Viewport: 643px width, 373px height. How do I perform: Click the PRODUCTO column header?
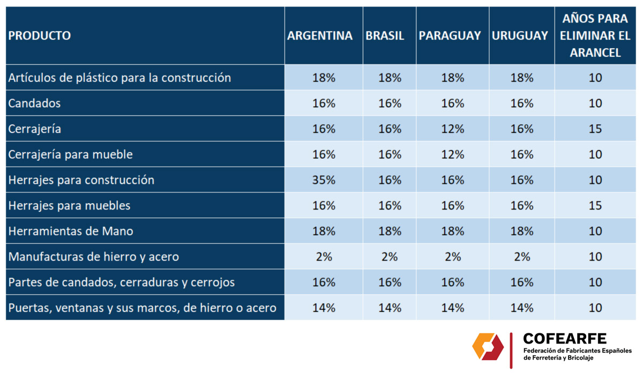[40, 36]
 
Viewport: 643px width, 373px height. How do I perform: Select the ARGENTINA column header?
[320, 36]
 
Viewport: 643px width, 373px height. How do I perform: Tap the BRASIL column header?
[385, 36]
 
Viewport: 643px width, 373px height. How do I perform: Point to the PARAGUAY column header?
[450, 36]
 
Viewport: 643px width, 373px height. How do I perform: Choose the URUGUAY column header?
[520, 36]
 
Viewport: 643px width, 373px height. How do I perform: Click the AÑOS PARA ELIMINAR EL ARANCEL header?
[595, 36]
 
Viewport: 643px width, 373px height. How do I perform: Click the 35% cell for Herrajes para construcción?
[324, 180]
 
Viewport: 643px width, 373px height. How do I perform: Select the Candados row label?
[34, 103]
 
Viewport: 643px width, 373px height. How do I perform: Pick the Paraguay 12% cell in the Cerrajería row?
[452, 129]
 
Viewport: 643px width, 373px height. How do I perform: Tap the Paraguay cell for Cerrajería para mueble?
[452, 155]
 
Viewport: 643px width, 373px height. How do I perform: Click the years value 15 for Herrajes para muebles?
[595, 206]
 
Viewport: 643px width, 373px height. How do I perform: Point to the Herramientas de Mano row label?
[71, 232]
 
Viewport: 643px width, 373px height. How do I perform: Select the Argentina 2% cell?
[324, 257]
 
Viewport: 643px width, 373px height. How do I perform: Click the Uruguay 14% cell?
[521, 308]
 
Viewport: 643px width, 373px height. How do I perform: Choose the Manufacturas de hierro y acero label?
[93, 257]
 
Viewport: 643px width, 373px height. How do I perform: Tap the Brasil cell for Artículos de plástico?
[390, 78]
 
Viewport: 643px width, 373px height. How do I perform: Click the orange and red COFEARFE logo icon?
[488, 347]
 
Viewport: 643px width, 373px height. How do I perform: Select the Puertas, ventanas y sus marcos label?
[142, 308]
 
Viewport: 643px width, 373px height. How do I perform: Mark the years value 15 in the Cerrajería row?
[595, 129]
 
